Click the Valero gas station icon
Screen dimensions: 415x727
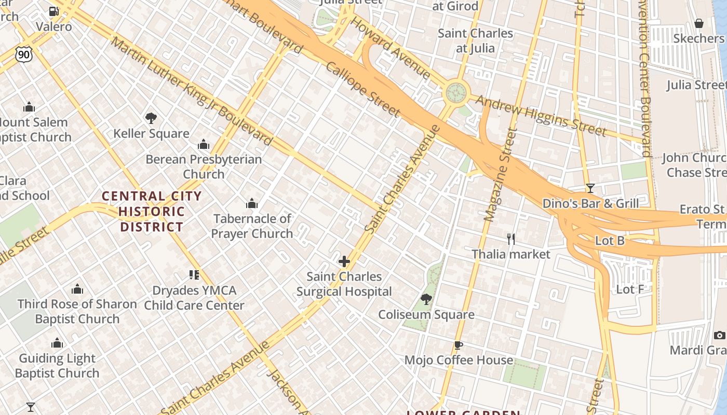(x=53, y=11)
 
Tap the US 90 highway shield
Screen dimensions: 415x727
(x=24, y=54)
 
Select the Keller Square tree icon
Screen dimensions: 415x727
(x=151, y=118)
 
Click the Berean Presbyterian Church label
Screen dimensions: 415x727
(x=204, y=166)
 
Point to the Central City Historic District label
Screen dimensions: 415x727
(x=152, y=212)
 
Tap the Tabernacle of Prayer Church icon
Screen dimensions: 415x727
(x=252, y=203)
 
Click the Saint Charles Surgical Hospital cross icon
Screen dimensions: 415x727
(x=344, y=261)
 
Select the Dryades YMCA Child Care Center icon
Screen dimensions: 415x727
(x=194, y=275)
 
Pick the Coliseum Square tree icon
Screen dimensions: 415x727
(x=426, y=299)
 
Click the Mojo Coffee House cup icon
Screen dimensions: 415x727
(x=459, y=345)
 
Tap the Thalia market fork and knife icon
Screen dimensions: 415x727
(x=511, y=239)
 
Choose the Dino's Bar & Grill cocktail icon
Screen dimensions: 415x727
(x=590, y=188)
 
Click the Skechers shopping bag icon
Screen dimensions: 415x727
(x=699, y=23)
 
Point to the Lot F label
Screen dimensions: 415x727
(x=630, y=289)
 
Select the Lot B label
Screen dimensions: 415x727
(x=610, y=241)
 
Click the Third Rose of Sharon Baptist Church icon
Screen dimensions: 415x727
(x=77, y=289)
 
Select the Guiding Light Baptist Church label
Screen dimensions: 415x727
(x=57, y=366)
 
